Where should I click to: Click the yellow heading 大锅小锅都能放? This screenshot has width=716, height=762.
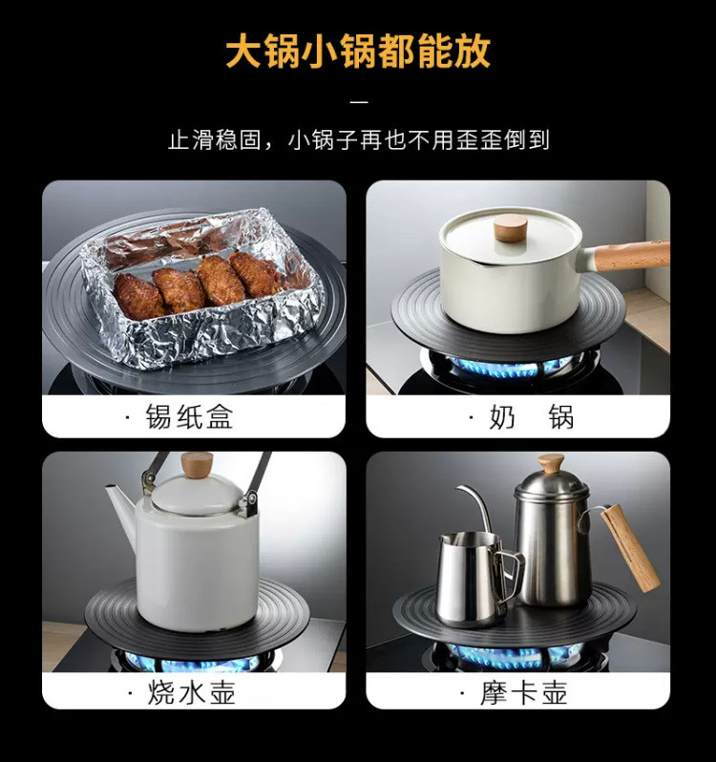click(358, 51)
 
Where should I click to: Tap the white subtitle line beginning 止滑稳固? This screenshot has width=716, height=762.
click(359, 140)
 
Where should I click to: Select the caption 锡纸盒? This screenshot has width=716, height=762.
click(189, 417)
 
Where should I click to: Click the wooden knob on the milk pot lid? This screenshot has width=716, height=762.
click(511, 228)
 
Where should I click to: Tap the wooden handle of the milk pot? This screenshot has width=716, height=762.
click(631, 256)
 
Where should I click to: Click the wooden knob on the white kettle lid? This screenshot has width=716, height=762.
click(197, 465)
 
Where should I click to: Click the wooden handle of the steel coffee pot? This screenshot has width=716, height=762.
click(630, 548)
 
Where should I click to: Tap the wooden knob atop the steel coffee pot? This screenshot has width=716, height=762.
click(551, 464)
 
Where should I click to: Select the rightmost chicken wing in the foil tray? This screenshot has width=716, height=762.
click(255, 273)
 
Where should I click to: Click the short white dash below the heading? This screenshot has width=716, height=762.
click(359, 102)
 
